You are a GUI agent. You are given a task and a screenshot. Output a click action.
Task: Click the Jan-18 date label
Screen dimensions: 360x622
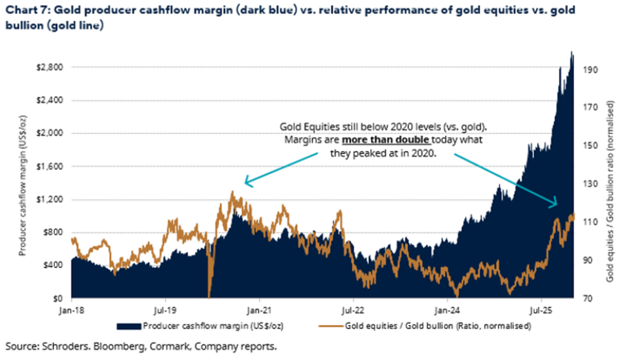point(71,310)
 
